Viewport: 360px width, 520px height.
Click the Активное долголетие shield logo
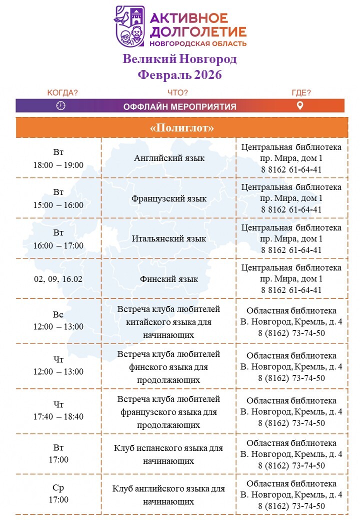coord(130,26)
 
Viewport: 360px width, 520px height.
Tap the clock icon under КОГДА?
coord(61,105)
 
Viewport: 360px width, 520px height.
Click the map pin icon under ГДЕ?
coord(300,105)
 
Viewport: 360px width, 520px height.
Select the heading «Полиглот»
coord(181,127)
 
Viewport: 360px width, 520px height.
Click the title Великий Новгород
coord(179,59)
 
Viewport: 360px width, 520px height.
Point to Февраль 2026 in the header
coord(179,75)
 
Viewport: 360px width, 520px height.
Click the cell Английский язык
coord(169,158)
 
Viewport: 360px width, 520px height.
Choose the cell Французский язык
coord(169,198)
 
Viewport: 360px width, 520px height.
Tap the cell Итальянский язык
coord(169,238)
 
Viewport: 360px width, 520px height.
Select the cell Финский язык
coord(169,279)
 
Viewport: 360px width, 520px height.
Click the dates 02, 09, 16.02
coord(58,279)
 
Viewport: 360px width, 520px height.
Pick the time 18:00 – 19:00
coord(58,165)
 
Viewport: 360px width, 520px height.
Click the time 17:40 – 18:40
coord(58,416)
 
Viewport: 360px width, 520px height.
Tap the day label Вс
coord(58,314)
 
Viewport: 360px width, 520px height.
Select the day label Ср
coord(58,487)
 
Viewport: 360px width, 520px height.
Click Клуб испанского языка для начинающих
coord(168,454)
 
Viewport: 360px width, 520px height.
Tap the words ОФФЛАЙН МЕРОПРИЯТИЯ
coord(180,106)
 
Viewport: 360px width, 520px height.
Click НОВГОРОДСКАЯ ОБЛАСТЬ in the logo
coord(205,43)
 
